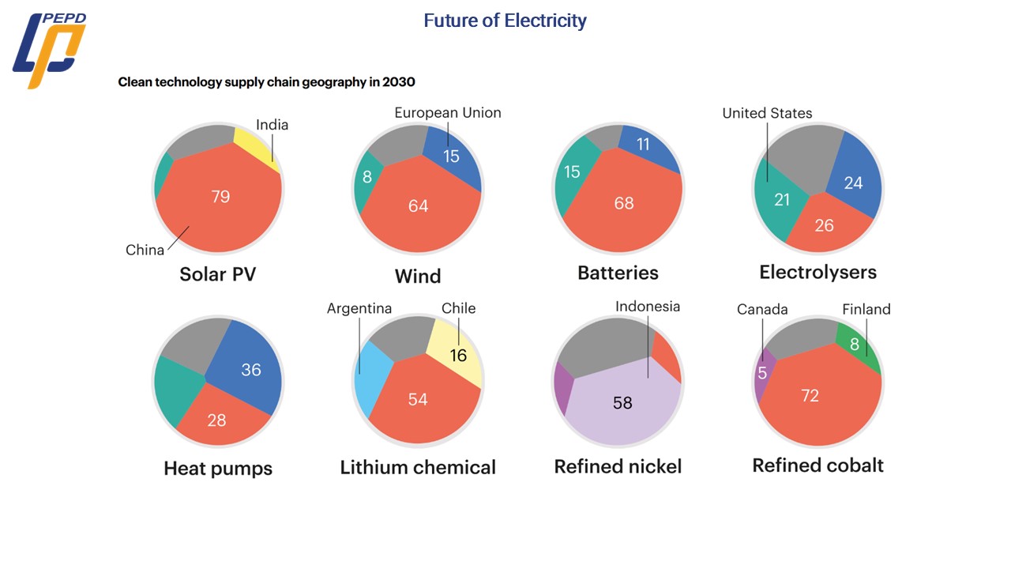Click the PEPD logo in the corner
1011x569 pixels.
pos(49,50)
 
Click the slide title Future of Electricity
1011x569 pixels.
pos(505,21)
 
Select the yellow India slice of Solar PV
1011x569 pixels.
pos(257,146)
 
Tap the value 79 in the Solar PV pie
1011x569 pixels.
pos(220,196)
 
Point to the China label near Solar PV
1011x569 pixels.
pos(145,250)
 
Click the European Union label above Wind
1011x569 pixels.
pos(448,113)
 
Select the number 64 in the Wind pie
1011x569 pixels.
pos(418,205)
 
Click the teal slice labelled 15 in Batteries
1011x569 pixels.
pos(572,172)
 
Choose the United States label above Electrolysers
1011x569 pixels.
pos(767,114)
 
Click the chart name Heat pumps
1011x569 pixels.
pos(218,468)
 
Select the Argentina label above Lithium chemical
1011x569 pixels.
pos(359,308)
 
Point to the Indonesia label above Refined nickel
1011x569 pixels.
pos(648,307)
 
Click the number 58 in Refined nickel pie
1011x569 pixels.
pos(622,403)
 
